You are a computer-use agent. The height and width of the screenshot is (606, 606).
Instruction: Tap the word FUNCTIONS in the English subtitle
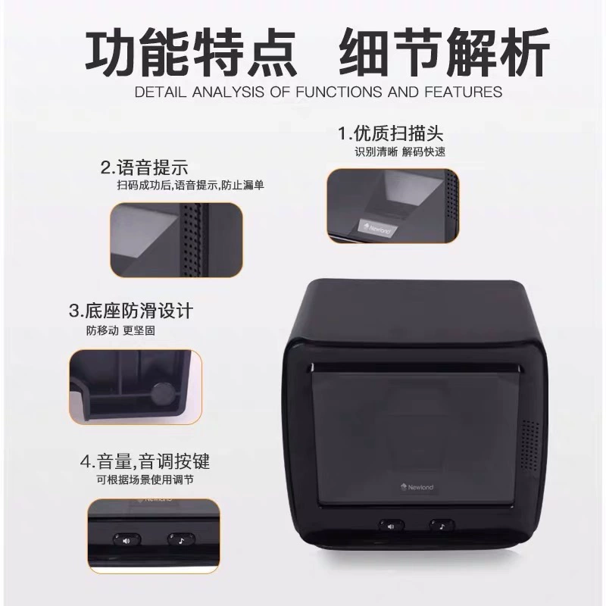[339, 92]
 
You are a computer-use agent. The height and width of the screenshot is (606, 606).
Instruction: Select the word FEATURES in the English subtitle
[463, 92]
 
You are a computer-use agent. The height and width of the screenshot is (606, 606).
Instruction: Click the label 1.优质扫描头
[391, 134]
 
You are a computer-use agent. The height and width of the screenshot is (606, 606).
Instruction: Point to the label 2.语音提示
[145, 167]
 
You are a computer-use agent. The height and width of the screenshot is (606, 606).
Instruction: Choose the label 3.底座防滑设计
[130, 311]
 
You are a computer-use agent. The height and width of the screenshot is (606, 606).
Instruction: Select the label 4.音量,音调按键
[145, 461]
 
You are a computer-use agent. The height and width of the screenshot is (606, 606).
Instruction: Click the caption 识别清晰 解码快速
[400, 152]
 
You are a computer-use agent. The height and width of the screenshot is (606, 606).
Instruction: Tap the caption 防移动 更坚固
[120, 331]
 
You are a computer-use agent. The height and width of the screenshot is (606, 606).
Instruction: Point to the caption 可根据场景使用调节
[145, 480]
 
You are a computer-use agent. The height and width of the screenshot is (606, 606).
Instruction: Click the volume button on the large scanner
[391, 526]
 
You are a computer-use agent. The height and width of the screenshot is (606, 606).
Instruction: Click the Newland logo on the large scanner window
[417, 487]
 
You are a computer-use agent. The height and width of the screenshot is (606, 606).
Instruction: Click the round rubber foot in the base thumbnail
[162, 394]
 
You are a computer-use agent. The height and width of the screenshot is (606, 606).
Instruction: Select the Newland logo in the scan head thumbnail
[375, 228]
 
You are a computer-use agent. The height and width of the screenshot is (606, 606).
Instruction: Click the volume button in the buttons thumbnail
[127, 540]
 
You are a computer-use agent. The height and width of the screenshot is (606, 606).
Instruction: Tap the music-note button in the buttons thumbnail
[181, 540]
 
